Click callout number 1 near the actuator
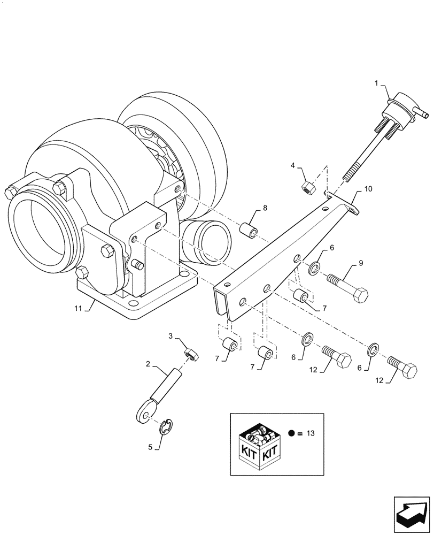coord(376,83)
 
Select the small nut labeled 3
coord(190,354)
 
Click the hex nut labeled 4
coord(307,187)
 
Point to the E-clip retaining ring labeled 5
coord(169,427)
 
